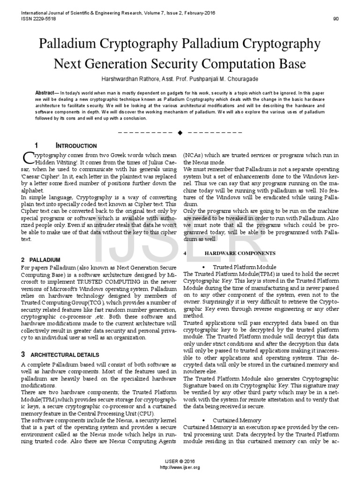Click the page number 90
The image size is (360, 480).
[336, 19]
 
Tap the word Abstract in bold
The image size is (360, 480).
[45, 93]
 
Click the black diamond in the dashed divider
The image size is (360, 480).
[180, 133]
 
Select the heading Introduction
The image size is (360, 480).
[76, 146]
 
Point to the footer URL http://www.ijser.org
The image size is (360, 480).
[180, 467]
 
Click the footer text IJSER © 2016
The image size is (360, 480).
[180, 462]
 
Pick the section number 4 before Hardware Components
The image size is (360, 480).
[186, 253]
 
